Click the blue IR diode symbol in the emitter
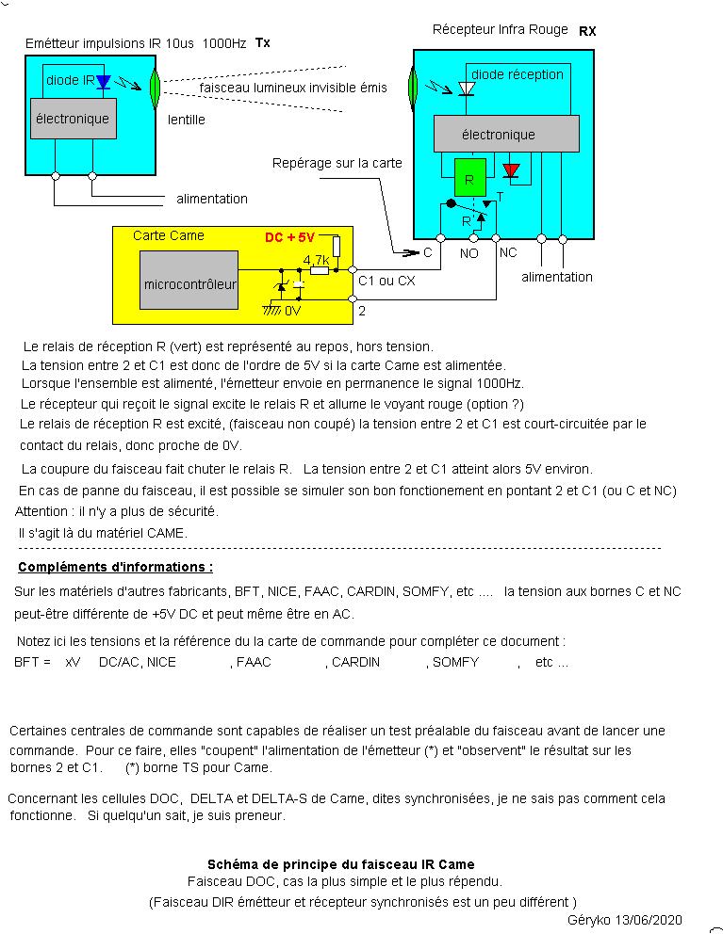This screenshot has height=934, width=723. (x=104, y=82)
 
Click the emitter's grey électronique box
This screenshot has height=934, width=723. (x=73, y=120)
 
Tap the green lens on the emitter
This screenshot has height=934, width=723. (x=156, y=88)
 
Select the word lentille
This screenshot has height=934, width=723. (x=187, y=120)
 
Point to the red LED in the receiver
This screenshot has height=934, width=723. (x=511, y=170)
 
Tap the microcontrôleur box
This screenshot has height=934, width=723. (x=189, y=283)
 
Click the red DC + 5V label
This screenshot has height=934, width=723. (x=289, y=237)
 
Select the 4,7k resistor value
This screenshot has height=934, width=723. (x=316, y=260)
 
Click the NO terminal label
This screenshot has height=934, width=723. (x=469, y=253)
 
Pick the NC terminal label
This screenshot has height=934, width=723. (x=508, y=253)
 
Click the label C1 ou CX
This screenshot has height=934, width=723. (x=386, y=280)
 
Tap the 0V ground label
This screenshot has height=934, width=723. (x=292, y=310)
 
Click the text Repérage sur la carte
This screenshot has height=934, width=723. (x=337, y=163)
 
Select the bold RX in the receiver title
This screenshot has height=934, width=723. (x=587, y=31)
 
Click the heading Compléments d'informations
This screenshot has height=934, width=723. (x=115, y=568)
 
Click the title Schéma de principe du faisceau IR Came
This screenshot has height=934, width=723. (x=340, y=864)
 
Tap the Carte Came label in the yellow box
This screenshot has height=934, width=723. (x=168, y=235)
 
